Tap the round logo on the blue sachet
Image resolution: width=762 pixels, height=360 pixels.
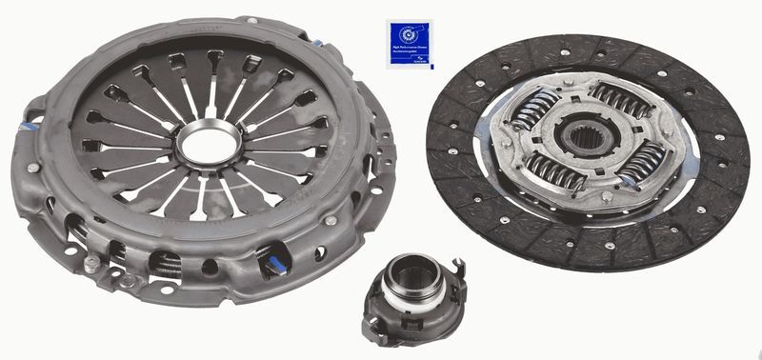coord(402,30)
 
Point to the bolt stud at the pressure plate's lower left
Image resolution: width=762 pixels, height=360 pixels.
coord(91,263)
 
